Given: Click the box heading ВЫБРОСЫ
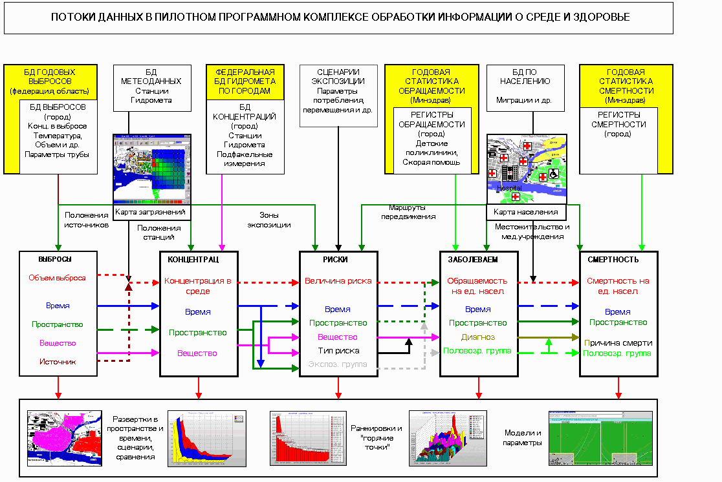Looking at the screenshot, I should coord(54,259).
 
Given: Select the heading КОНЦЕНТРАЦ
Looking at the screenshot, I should coord(193,260).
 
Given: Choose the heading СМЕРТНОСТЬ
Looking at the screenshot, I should coord(613,260).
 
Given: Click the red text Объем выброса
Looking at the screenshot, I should coord(57,278).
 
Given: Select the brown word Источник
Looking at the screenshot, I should coord(58,362).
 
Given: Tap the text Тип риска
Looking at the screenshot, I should coord(338,350).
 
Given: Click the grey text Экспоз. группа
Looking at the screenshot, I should coord(338,364).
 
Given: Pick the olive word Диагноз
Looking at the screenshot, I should coord(478,337).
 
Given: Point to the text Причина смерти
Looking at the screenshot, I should coord(618,342).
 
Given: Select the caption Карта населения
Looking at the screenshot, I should coord(525,211).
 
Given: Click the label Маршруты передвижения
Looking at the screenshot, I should coord(412,212).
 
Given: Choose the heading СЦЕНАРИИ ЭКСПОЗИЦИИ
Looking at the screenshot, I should coord(338,76).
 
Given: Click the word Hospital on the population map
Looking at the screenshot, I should coord(510,187).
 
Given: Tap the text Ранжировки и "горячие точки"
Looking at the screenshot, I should coord(377,438).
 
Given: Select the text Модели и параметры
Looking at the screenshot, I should coord(522,438).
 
